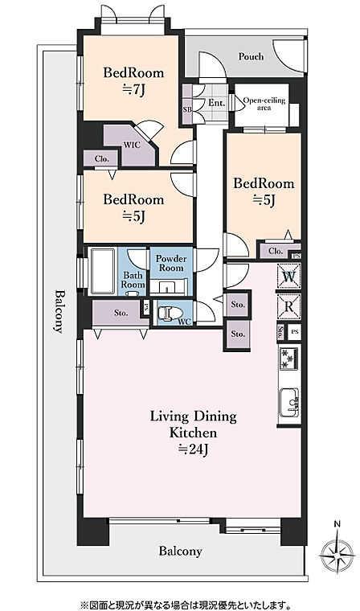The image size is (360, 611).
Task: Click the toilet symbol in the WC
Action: [x=170, y=313]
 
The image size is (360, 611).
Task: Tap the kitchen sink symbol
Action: [x=288, y=402]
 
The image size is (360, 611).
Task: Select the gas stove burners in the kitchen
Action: [x=288, y=359]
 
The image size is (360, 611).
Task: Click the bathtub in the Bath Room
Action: [x=103, y=271]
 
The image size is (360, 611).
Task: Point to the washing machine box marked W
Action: [x=288, y=277]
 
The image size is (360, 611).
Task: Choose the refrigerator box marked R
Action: [x=288, y=306]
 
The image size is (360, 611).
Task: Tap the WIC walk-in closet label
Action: [x=129, y=145]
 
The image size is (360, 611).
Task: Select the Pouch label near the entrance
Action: [x=251, y=56]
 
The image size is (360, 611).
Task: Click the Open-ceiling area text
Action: [x=264, y=104]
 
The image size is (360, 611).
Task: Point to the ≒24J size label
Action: [x=194, y=449]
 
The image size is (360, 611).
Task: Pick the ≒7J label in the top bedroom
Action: [x=133, y=90]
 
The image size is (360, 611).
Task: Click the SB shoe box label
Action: [x=187, y=109]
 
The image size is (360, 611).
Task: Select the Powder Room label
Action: [x=171, y=264]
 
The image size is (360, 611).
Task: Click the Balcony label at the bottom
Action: [x=180, y=552]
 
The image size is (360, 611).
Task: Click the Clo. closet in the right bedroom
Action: [x=276, y=252]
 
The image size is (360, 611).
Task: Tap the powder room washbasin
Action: [x=168, y=288]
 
